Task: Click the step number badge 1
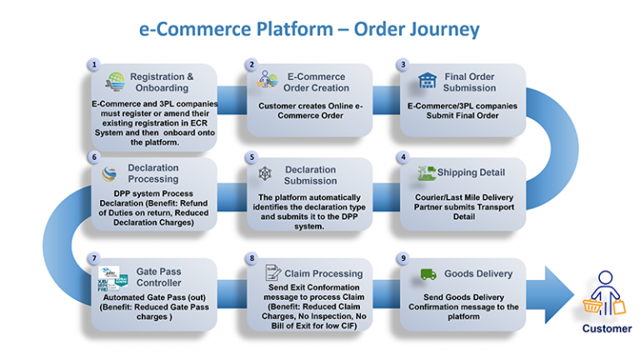point(95,64)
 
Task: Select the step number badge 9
point(405,258)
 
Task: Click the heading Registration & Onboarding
point(162,82)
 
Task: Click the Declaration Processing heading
point(153,173)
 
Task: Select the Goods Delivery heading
point(478,273)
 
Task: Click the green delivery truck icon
point(427,273)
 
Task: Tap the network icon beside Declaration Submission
point(265,174)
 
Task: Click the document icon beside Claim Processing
point(272,272)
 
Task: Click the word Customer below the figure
point(607,328)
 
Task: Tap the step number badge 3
point(405,64)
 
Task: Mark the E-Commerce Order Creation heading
point(316,82)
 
